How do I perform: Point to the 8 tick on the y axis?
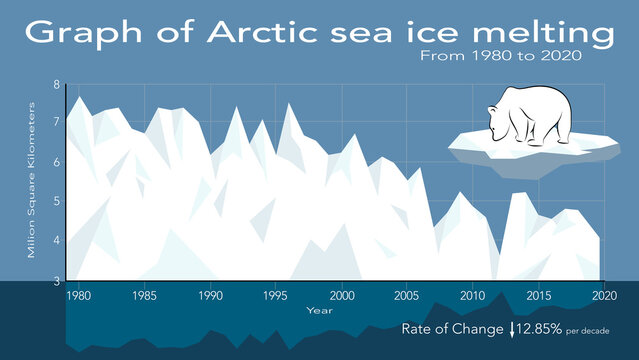(56, 85)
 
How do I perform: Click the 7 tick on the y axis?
(56, 124)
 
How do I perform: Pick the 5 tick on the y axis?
(56, 202)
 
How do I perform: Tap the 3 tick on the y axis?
(56, 281)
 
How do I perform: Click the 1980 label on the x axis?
(79, 296)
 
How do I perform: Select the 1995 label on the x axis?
(275, 296)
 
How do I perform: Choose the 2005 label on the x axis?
(406, 296)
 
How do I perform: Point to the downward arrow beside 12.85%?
(512, 329)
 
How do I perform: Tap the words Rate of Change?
(453, 328)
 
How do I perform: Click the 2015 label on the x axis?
(537, 296)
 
